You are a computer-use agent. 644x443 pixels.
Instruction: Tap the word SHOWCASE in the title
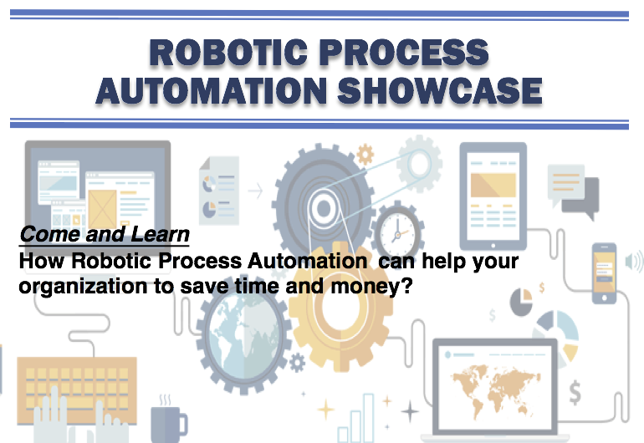pos(440,91)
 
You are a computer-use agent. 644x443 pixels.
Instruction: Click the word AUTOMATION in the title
pos(211,91)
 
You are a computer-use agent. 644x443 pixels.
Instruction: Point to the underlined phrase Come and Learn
pos(105,235)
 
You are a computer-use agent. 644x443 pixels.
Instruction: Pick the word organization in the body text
pos(83,286)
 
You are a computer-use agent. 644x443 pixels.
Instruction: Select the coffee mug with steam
pos(168,420)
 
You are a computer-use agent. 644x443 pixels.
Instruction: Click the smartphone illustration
pos(604,273)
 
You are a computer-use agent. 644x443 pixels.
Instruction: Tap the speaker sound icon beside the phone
pos(634,262)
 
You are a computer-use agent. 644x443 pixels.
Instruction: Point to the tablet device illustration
pos(493,196)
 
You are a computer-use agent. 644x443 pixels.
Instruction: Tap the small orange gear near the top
pos(365,155)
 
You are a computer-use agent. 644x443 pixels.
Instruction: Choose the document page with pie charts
pos(219,191)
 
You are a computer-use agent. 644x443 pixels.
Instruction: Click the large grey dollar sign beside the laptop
pos(575,393)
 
